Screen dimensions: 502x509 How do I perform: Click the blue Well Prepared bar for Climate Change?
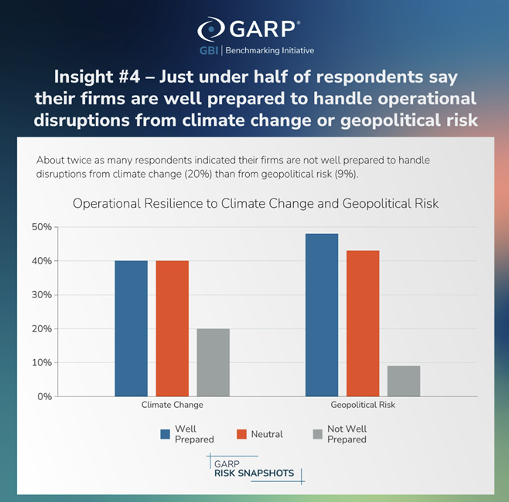(131, 328)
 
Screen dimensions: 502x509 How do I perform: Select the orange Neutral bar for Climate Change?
(172, 328)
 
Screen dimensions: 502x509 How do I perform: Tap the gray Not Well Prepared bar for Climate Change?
(213, 362)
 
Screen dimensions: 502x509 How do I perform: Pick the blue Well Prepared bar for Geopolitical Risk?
(322, 314)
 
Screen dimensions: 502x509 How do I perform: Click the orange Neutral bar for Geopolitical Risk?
(363, 323)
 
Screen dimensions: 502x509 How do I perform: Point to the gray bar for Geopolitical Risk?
(404, 381)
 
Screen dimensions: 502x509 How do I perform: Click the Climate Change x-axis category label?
(172, 405)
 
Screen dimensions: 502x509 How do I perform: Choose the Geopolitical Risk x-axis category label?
(363, 405)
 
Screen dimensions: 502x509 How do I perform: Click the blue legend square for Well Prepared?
(165, 434)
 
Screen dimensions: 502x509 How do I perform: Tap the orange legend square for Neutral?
(241, 434)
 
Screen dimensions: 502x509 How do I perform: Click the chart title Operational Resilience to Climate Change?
(254, 204)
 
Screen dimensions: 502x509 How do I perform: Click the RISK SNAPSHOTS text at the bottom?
(254, 473)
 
